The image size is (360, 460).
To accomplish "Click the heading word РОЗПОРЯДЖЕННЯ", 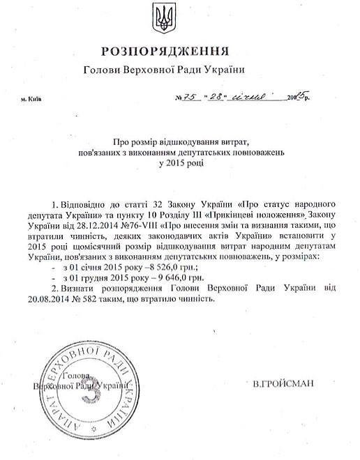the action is pos(165,52).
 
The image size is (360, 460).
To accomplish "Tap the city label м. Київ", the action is pos(31,99).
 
